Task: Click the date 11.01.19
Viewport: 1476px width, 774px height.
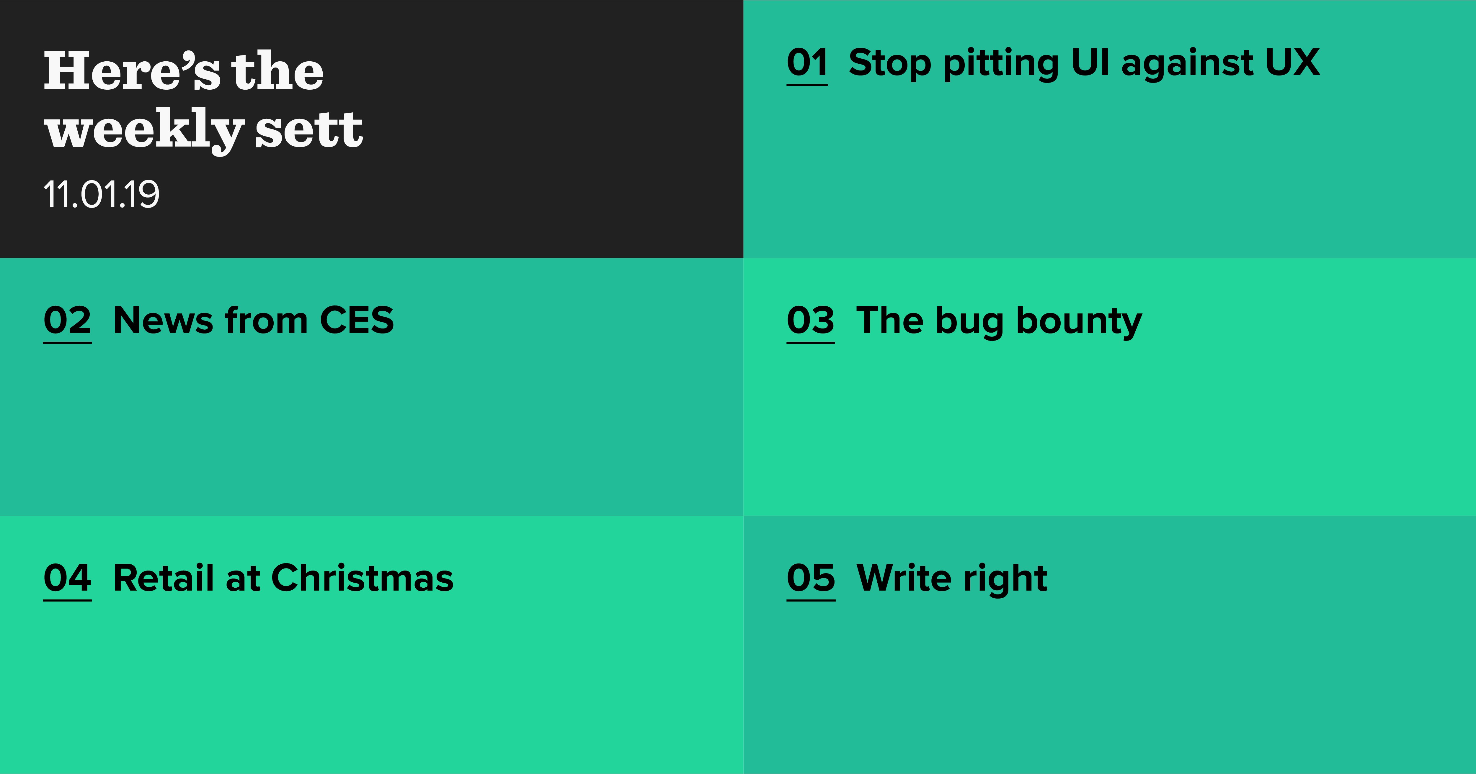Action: (x=102, y=195)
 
